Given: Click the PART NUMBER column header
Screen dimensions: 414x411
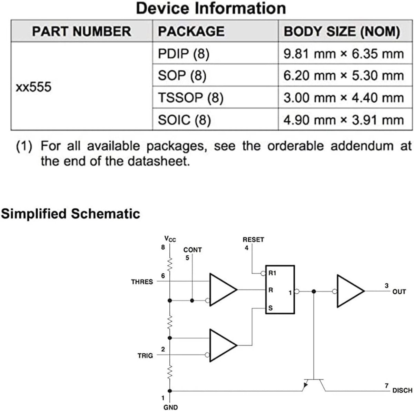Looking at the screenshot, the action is (x=81, y=31).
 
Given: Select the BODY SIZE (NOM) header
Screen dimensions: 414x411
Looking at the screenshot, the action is (x=342, y=31).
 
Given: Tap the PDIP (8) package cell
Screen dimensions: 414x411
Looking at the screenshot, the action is (x=184, y=53).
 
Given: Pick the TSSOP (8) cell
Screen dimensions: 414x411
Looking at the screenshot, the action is (x=190, y=98).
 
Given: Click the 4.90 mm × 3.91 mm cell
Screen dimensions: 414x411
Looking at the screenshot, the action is (x=344, y=120).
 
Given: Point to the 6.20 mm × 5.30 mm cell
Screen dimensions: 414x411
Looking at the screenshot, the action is (x=344, y=76).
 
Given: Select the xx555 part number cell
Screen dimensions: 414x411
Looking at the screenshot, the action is (x=34, y=87).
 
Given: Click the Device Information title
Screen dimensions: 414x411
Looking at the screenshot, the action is (x=211, y=9).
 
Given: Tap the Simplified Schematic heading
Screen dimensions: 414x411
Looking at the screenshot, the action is (x=70, y=214).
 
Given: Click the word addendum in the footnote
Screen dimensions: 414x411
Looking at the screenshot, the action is (x=362, y=146).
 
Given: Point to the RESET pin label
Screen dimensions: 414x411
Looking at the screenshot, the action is (x=253, y=239).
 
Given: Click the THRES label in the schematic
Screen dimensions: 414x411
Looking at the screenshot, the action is (x=142, y=282).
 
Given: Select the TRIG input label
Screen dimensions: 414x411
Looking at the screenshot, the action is (x=145, y=356).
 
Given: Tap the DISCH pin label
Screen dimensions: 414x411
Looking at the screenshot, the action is (x=402, y=391).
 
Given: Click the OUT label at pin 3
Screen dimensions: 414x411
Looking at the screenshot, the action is (x=399, y=292).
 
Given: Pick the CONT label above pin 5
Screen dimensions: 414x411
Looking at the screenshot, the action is (x=193, y=250).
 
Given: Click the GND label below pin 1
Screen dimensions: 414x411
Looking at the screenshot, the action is (x=170, y=407).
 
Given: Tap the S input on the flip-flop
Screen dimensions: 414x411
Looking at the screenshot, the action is (x=270, y=308).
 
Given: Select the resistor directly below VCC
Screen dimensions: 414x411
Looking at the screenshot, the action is (x=170, y=264).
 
